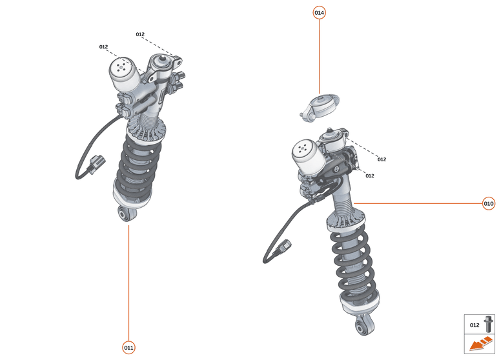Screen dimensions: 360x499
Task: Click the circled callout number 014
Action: point(319,13)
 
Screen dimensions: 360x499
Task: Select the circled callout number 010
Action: point(489,204)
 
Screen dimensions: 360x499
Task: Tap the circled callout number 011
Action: point(129,348)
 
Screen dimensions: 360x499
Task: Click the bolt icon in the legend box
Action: point(489,325)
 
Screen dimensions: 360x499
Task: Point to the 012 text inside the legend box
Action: point(474,325)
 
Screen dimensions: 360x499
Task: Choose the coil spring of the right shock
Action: point(353,265)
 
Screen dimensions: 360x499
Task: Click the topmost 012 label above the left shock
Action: point(140,34)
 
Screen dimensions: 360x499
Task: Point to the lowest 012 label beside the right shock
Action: point(369,175)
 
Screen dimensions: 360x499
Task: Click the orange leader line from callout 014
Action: point(319,58)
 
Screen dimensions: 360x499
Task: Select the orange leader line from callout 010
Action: point(420,204)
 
